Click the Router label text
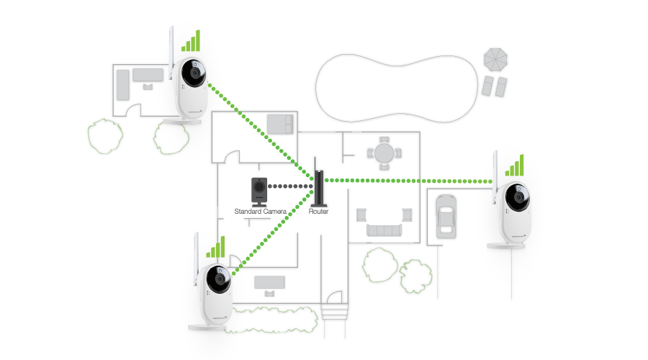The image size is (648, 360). coord(318,211)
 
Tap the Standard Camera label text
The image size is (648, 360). coord(261,211)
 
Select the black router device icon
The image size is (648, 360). coord(318,186)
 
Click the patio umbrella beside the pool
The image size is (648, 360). coord(495,58)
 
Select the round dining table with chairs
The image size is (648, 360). coord(381,153)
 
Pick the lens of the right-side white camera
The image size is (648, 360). coord(519,197)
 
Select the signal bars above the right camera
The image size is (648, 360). coord(515,166)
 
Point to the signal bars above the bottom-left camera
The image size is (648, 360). coord(215,248)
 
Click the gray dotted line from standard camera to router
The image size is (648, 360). coord(289,186)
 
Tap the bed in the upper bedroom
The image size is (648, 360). coord(279,124)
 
